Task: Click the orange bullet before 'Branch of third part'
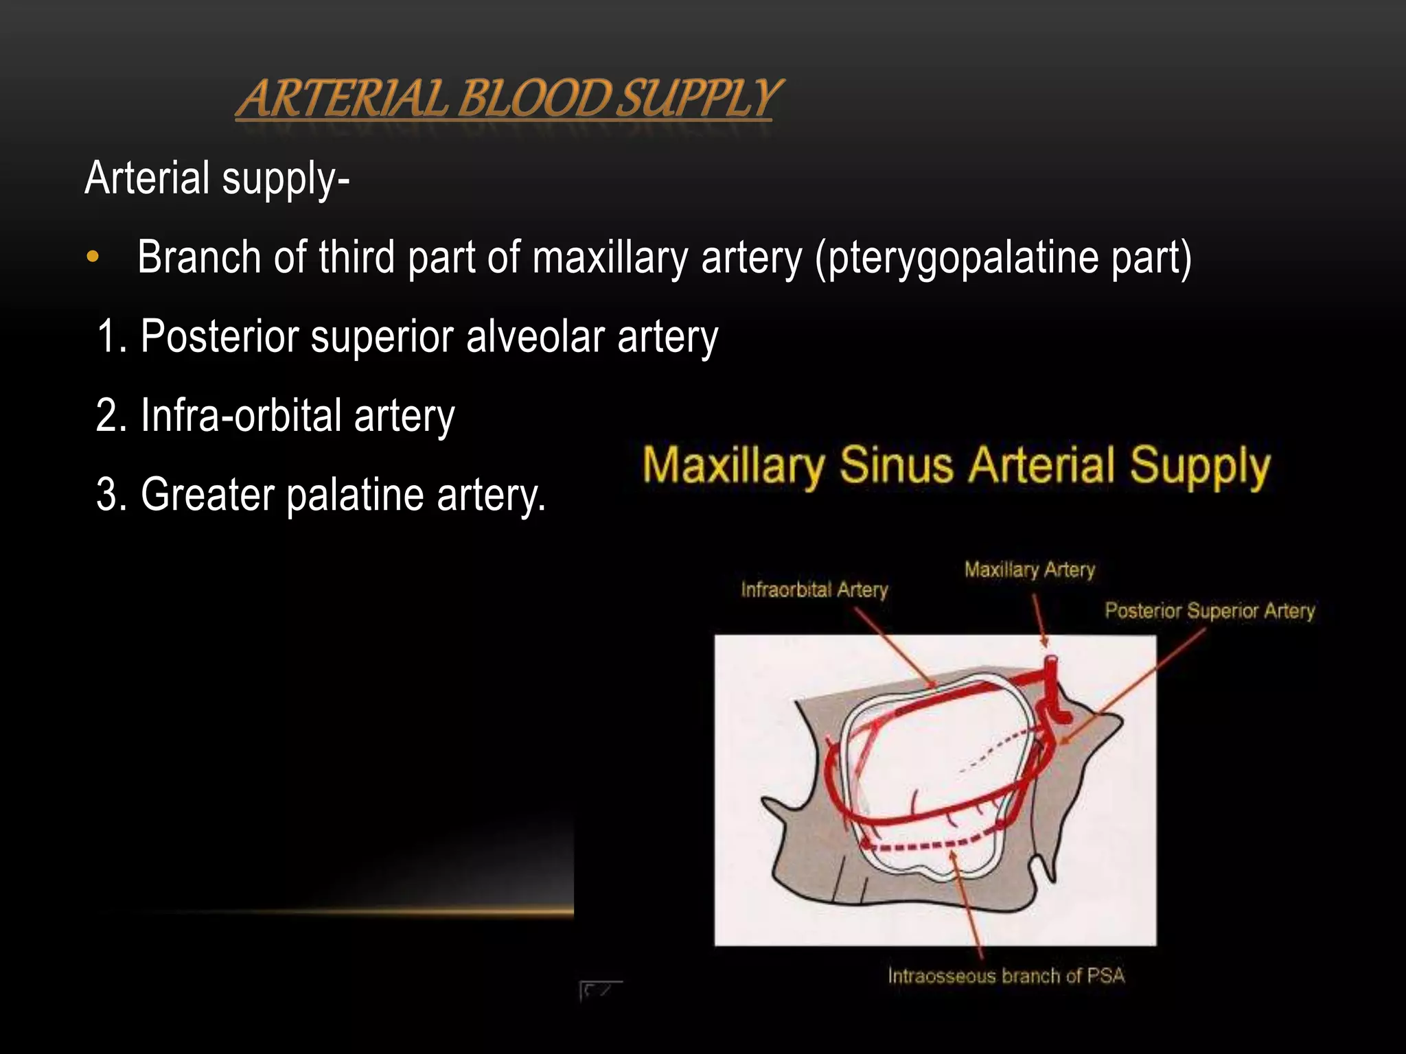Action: click(93, 259)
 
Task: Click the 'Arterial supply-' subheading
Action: click(217, 178)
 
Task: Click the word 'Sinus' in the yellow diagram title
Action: click(896, 466)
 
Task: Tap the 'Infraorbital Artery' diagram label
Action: click(814, 589)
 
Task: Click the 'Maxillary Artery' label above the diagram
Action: click(1029, 570)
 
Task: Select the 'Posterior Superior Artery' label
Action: click(1209, 611)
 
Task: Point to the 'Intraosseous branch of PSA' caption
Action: click(1006, 976)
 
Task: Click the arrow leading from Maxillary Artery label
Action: click(1039, 621)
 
